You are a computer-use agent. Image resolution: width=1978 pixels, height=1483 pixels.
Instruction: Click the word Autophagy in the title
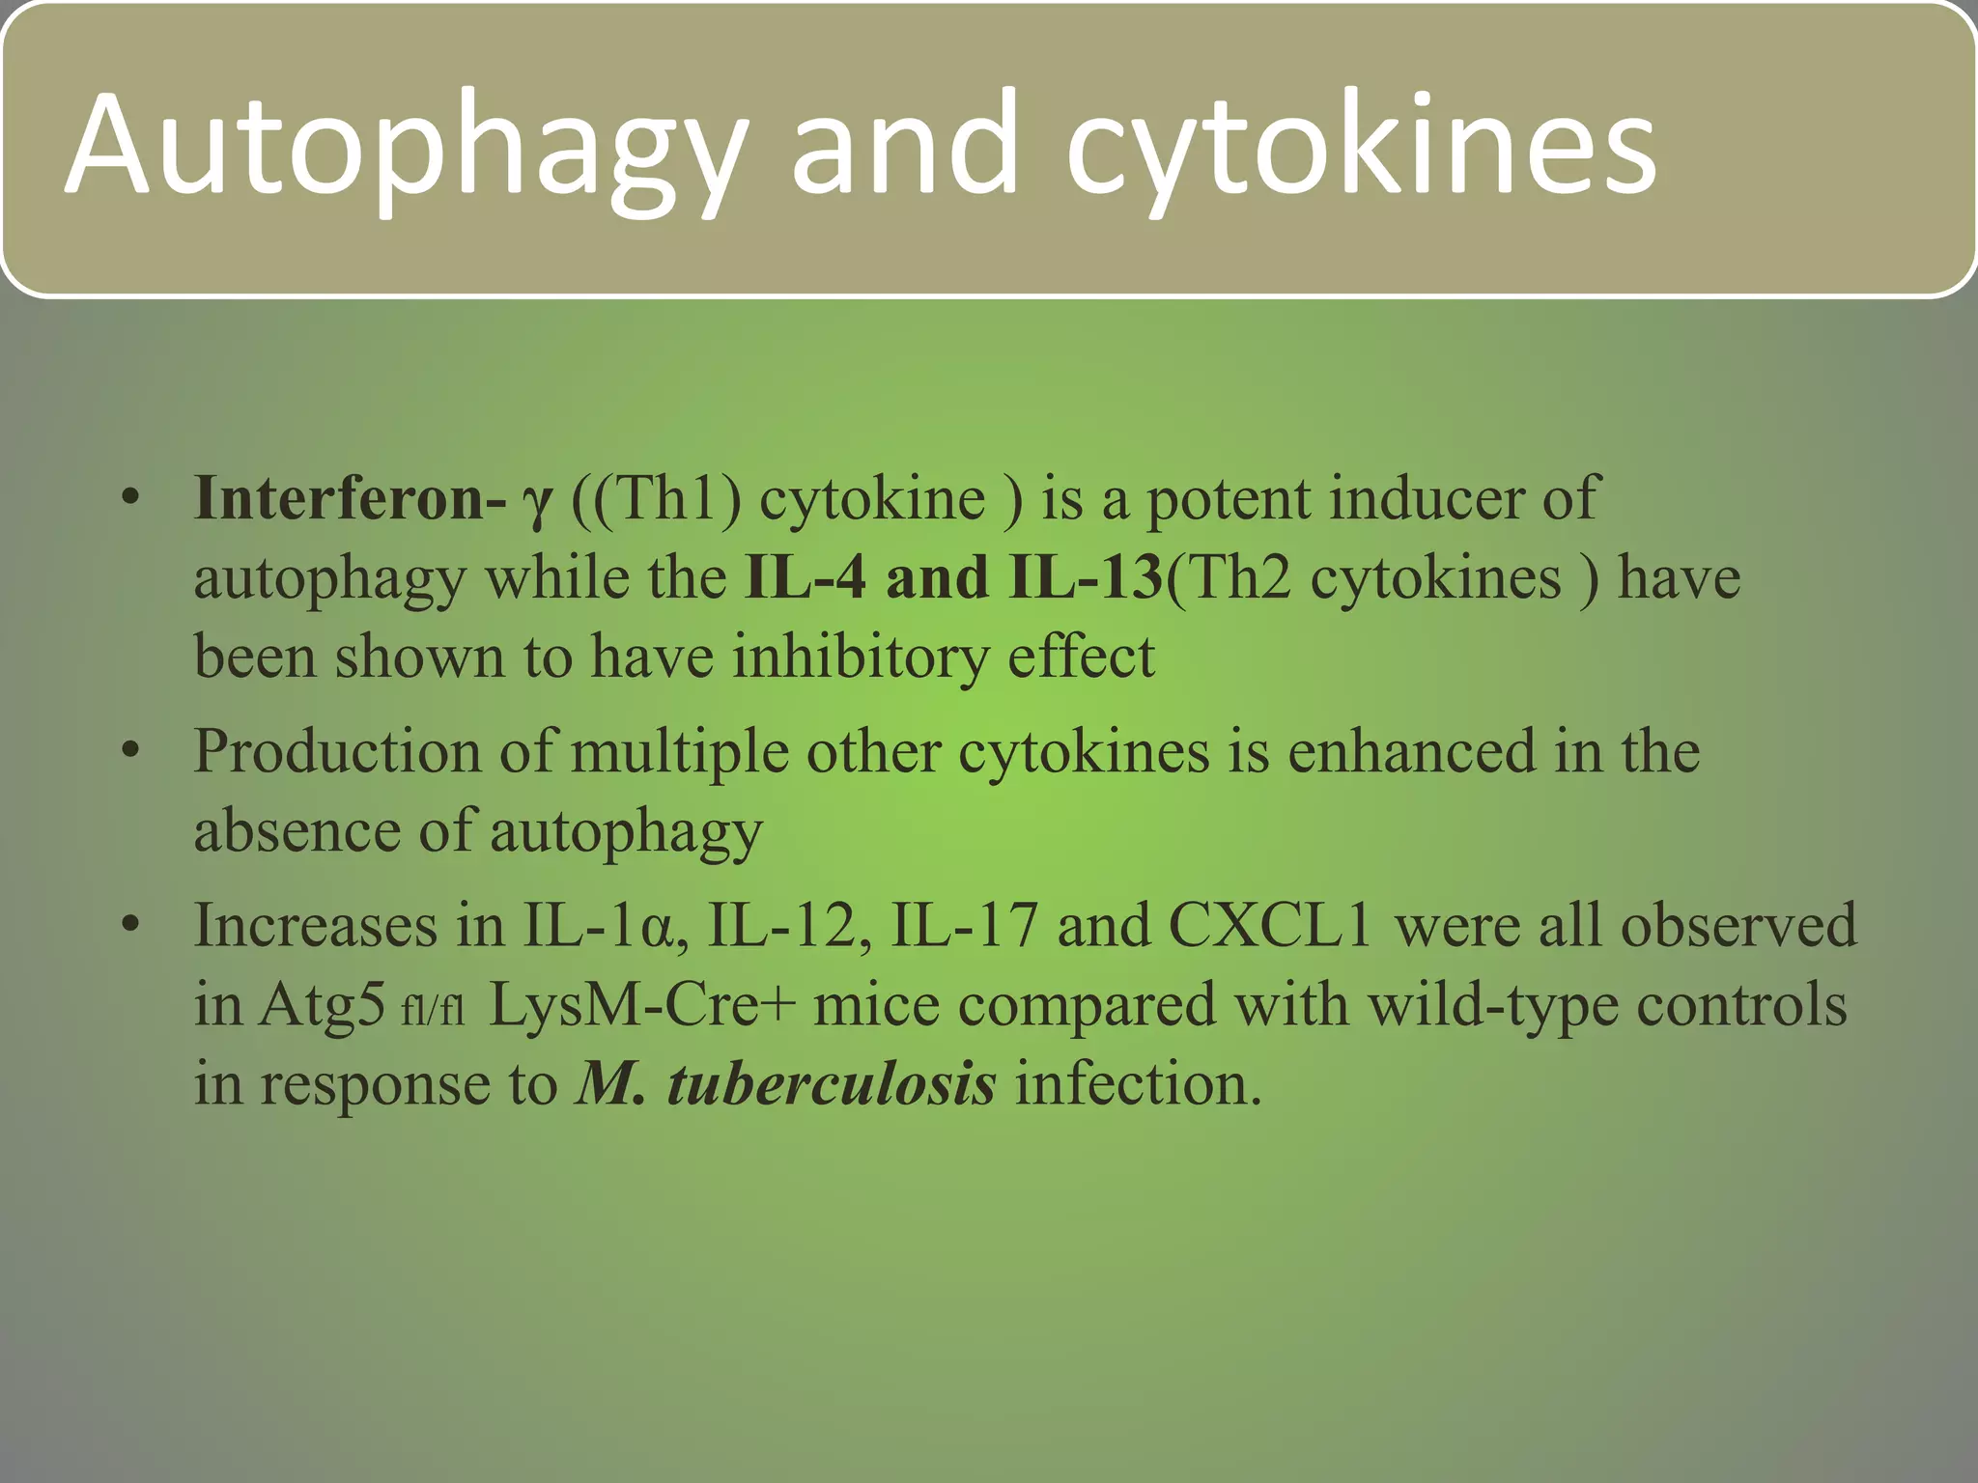[x=406, y=145]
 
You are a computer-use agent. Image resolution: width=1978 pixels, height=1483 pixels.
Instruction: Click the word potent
[x=1228, y=500]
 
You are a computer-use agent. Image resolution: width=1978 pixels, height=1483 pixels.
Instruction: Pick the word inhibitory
[x=861, y=657]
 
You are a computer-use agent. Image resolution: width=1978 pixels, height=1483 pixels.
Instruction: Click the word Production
[x=337, y=751]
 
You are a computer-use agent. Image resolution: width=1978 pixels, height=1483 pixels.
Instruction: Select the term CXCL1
[x=1271, y=925]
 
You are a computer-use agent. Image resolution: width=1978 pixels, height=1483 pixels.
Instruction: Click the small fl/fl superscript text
[x=433, y=1010]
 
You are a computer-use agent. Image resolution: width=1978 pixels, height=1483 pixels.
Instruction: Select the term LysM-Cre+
[x=642, y=1004]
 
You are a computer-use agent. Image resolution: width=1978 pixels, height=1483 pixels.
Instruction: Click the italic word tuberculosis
[x=832, y=1083]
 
